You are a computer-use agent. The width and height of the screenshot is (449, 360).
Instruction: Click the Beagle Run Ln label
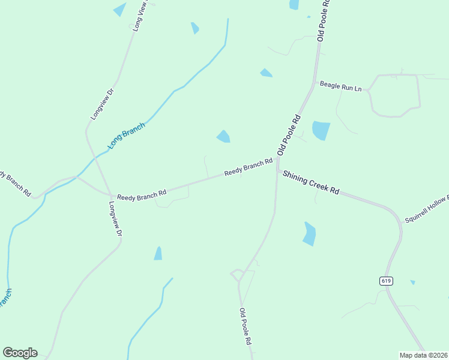pos(340,86)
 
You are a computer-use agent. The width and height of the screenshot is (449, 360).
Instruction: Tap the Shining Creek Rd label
pos(311,182)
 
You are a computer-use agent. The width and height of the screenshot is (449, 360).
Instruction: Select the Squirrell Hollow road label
pos(426,209)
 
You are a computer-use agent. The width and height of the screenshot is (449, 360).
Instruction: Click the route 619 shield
pos(386,280)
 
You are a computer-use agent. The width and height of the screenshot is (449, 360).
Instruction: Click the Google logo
pos(20,353)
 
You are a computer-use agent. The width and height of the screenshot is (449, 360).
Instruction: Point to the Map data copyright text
pos(423,355)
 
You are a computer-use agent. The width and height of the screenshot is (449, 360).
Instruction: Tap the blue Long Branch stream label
pos(126,136)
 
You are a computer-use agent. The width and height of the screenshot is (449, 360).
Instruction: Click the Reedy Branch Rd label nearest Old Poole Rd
pos(249,167)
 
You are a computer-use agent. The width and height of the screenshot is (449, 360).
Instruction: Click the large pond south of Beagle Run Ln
pos(321,130)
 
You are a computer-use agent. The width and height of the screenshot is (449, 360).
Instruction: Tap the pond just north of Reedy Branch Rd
pos(223,137)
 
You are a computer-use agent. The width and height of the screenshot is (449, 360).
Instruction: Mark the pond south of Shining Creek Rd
pos(309,233)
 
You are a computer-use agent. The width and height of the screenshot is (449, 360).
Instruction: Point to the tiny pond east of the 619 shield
pos(412,282)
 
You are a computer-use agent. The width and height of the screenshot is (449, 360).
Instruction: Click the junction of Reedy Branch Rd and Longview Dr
pos(112,195)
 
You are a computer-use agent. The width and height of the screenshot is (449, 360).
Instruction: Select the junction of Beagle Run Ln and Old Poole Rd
pos(314,83)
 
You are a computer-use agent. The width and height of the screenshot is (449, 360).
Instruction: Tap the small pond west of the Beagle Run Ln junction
pos(266,73)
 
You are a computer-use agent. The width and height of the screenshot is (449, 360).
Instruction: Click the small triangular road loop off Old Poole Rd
pos(237,275)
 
